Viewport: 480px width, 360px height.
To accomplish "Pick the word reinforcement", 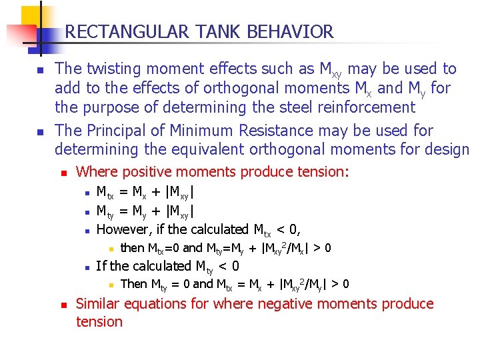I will point(361,107).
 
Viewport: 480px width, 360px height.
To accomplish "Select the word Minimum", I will point(204,130).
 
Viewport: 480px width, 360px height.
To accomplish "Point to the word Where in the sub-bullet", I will point(97,172).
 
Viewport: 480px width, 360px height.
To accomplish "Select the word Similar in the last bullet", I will point(99,304).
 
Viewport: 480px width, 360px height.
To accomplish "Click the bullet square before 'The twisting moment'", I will point(40,70).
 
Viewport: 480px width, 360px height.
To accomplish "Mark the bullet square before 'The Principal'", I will point(40,131).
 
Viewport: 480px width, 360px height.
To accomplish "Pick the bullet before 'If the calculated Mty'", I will point(87,267).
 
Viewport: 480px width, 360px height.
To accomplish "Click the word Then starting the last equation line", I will point(134,284).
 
